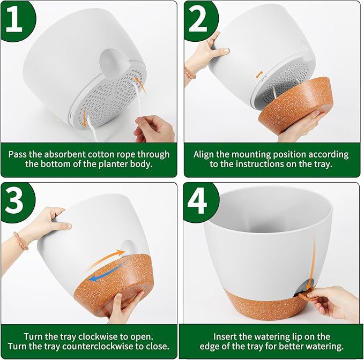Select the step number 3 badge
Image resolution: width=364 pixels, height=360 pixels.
click(x=16, y=200)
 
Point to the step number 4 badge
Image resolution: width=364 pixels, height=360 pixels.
click(x=199, y=201)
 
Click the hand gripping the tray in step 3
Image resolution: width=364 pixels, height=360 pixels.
click(x=125, y=308)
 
